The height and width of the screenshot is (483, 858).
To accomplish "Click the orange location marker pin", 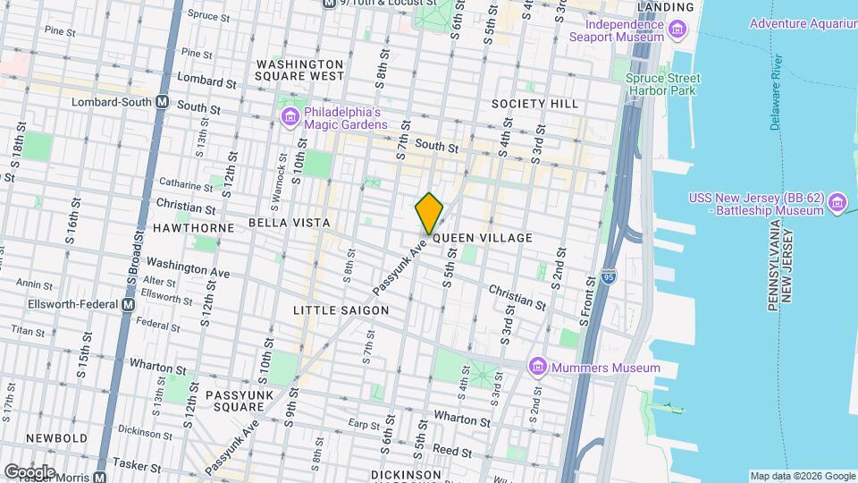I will pos(430,212).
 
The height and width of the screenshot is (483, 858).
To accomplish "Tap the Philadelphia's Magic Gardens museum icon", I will pos(290,117).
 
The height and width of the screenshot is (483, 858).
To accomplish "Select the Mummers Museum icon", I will pos(537,368).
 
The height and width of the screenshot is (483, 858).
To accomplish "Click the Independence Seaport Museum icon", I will pos(677,32).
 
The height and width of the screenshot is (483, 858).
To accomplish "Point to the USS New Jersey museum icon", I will pos(837,203).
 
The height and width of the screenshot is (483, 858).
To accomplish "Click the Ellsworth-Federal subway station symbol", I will pos(128,304).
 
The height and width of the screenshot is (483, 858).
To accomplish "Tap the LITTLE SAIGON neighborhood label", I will pos(341,310).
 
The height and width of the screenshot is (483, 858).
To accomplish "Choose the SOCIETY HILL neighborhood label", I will pos(535,104).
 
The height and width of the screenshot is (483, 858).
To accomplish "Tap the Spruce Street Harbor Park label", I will pos(662,84).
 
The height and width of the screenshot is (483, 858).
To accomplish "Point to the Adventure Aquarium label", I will pos(802,23).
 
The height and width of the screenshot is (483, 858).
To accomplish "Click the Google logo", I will pos(29,471).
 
